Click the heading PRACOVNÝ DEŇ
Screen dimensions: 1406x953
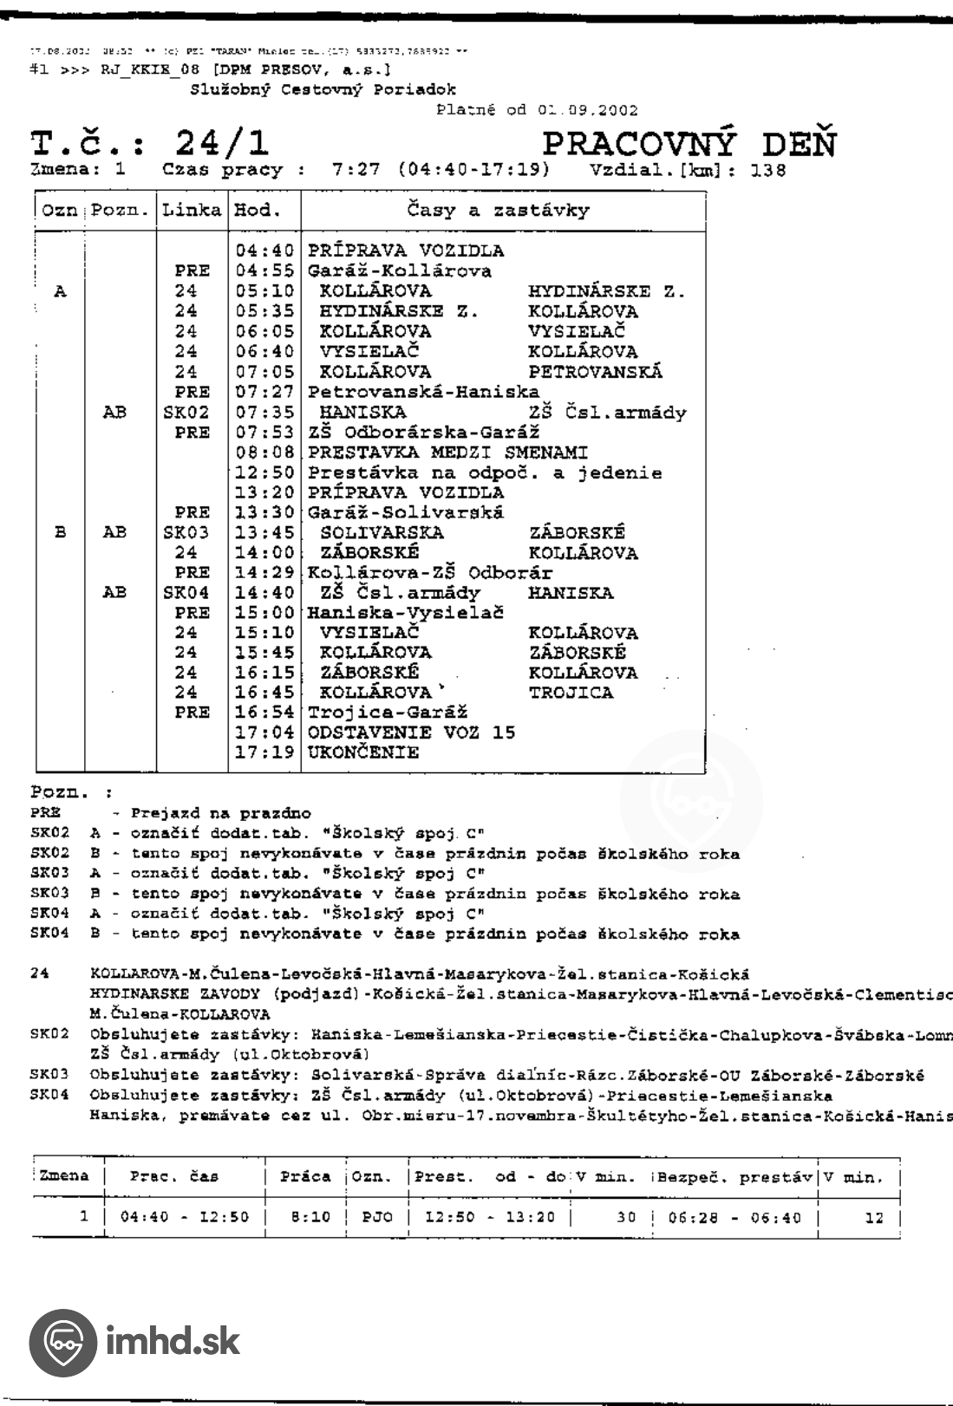click(x=689, y=144)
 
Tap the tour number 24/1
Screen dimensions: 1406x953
click(x=222, y=143)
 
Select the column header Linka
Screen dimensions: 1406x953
click(x=192, y=210)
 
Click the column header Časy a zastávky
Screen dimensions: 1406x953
click(x=498, y=210)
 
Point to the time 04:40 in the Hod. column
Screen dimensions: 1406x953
click(x=264, y=251)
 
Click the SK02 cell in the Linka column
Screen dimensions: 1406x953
click(x=186, y=413)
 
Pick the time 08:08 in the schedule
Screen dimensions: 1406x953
click(x=264, y=452)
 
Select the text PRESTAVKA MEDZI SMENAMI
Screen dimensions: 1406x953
click(x=447, y=452)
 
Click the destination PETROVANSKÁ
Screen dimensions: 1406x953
click(x=595, y=372)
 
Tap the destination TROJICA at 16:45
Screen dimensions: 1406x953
click(x=571, y=693)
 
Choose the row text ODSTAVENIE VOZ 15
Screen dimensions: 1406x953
click(x=411, y=732)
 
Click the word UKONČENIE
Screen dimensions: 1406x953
click(x=362, y=752)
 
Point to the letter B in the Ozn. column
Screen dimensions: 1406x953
click(x=61, y=532)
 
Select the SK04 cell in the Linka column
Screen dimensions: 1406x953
click(x=186, y=593)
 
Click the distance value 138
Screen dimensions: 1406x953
click(x=768, y=170)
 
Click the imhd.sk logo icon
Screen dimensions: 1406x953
click(x=62, y=1343)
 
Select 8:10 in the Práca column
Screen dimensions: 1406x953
click(x=308, y=1217)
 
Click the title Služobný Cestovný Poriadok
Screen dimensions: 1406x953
click(x=323, y=89)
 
